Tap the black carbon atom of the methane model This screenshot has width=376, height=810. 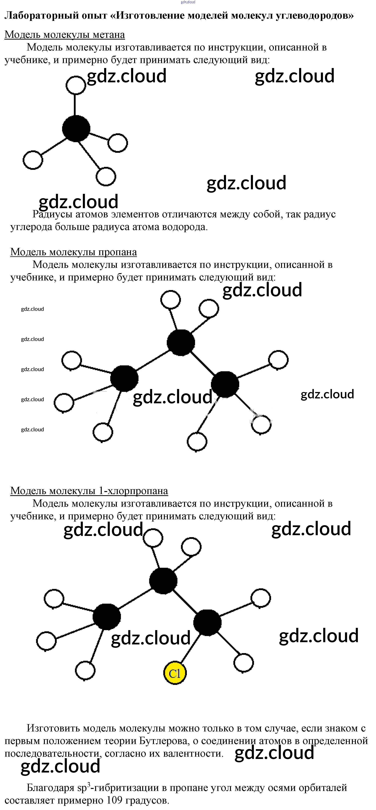pos(76,128)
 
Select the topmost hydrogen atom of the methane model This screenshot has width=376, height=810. pos(76,85)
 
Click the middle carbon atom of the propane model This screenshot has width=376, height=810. pos(181,342)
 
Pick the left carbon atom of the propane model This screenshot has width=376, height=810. pos(124,378)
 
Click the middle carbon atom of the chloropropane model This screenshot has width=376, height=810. pos(163,580)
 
